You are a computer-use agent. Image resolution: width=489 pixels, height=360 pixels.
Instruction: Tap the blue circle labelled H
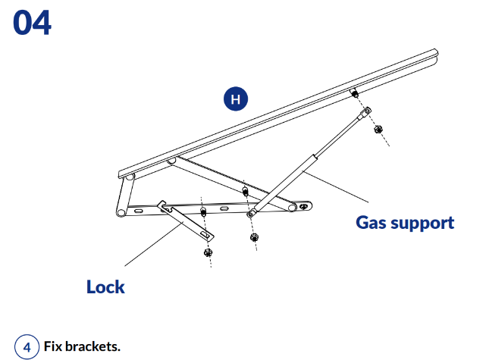[x=236, y=99]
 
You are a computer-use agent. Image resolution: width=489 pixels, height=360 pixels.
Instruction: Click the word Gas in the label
[x=372, y=223]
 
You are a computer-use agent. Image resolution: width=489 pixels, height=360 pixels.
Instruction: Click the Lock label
[x=105, y=287]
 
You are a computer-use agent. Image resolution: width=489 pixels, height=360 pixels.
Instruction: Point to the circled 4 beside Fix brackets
[x=27, y=348]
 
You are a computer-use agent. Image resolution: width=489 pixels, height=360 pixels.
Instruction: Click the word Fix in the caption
[x=53, y=347]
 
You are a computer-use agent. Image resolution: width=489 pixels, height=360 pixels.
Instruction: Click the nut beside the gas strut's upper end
[x=380, y=129]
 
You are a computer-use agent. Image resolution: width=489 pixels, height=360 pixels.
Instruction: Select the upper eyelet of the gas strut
[x=366, y=113]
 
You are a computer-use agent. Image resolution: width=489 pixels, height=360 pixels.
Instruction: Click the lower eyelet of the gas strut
[x=252, y=214]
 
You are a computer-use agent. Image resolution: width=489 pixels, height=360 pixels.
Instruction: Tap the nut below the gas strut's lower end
[x=254, y=237]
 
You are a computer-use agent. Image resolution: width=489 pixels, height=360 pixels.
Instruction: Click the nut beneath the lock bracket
[x=207, y=251]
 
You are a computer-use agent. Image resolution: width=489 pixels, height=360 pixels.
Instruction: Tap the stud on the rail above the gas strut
[x=354, y=94]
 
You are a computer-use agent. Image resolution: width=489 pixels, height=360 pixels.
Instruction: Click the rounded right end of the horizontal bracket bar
[x=305, y=205]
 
